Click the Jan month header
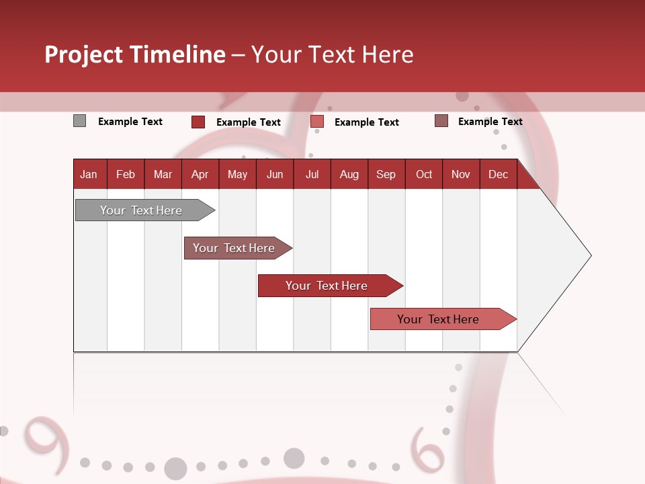click(x=89, y=174)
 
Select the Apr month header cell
click(x=200, y=174)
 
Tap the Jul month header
click(x=312, y=174)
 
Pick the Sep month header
click(x=386, y=174)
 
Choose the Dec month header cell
click(x=498, y=174)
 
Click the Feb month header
click(x=126, y=174)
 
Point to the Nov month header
click(x=461, y=174)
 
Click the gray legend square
click(x=80, y=121)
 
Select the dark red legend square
click(x=198, y=122)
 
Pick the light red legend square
click(x=317, y=122)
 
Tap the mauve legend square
click(x=441, y=121)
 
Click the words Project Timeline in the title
click(x=135, y=54)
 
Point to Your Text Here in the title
click(x=332, y=54)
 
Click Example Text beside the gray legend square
click(x=130, y=122)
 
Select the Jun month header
click(x=275, y=174)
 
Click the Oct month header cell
click(x=424, y=174)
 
